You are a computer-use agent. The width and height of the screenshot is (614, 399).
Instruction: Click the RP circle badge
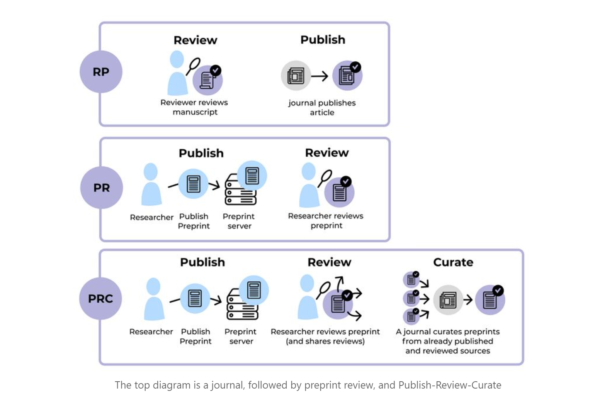101,72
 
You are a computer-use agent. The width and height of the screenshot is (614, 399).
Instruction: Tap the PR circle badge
101,188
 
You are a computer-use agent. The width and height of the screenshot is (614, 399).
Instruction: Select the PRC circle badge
100,299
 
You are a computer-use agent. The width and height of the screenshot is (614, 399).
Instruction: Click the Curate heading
453,262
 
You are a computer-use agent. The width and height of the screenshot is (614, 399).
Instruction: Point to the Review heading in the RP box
196,40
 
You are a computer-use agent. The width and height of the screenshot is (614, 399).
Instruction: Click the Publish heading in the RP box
323,40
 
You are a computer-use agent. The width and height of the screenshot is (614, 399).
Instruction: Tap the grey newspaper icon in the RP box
296,76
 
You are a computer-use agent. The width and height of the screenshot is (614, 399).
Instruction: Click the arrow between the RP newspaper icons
320,76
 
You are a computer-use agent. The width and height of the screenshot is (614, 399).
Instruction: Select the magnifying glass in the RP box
193,66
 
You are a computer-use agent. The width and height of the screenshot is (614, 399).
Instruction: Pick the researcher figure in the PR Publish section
151,184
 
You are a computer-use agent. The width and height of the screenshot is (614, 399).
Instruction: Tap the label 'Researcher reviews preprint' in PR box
326,221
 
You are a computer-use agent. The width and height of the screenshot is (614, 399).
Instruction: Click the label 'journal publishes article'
322,108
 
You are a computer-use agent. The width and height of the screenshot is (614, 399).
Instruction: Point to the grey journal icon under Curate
448,300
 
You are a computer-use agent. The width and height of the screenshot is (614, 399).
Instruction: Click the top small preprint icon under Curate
411,279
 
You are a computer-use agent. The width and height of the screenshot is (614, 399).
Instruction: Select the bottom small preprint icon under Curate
411,316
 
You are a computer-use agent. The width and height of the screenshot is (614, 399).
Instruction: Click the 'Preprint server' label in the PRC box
241,336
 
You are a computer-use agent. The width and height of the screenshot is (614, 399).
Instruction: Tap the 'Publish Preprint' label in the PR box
194,221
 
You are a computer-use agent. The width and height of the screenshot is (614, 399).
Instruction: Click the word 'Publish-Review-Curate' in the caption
450,385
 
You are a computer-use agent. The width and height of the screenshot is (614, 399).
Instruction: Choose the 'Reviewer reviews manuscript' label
194,107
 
